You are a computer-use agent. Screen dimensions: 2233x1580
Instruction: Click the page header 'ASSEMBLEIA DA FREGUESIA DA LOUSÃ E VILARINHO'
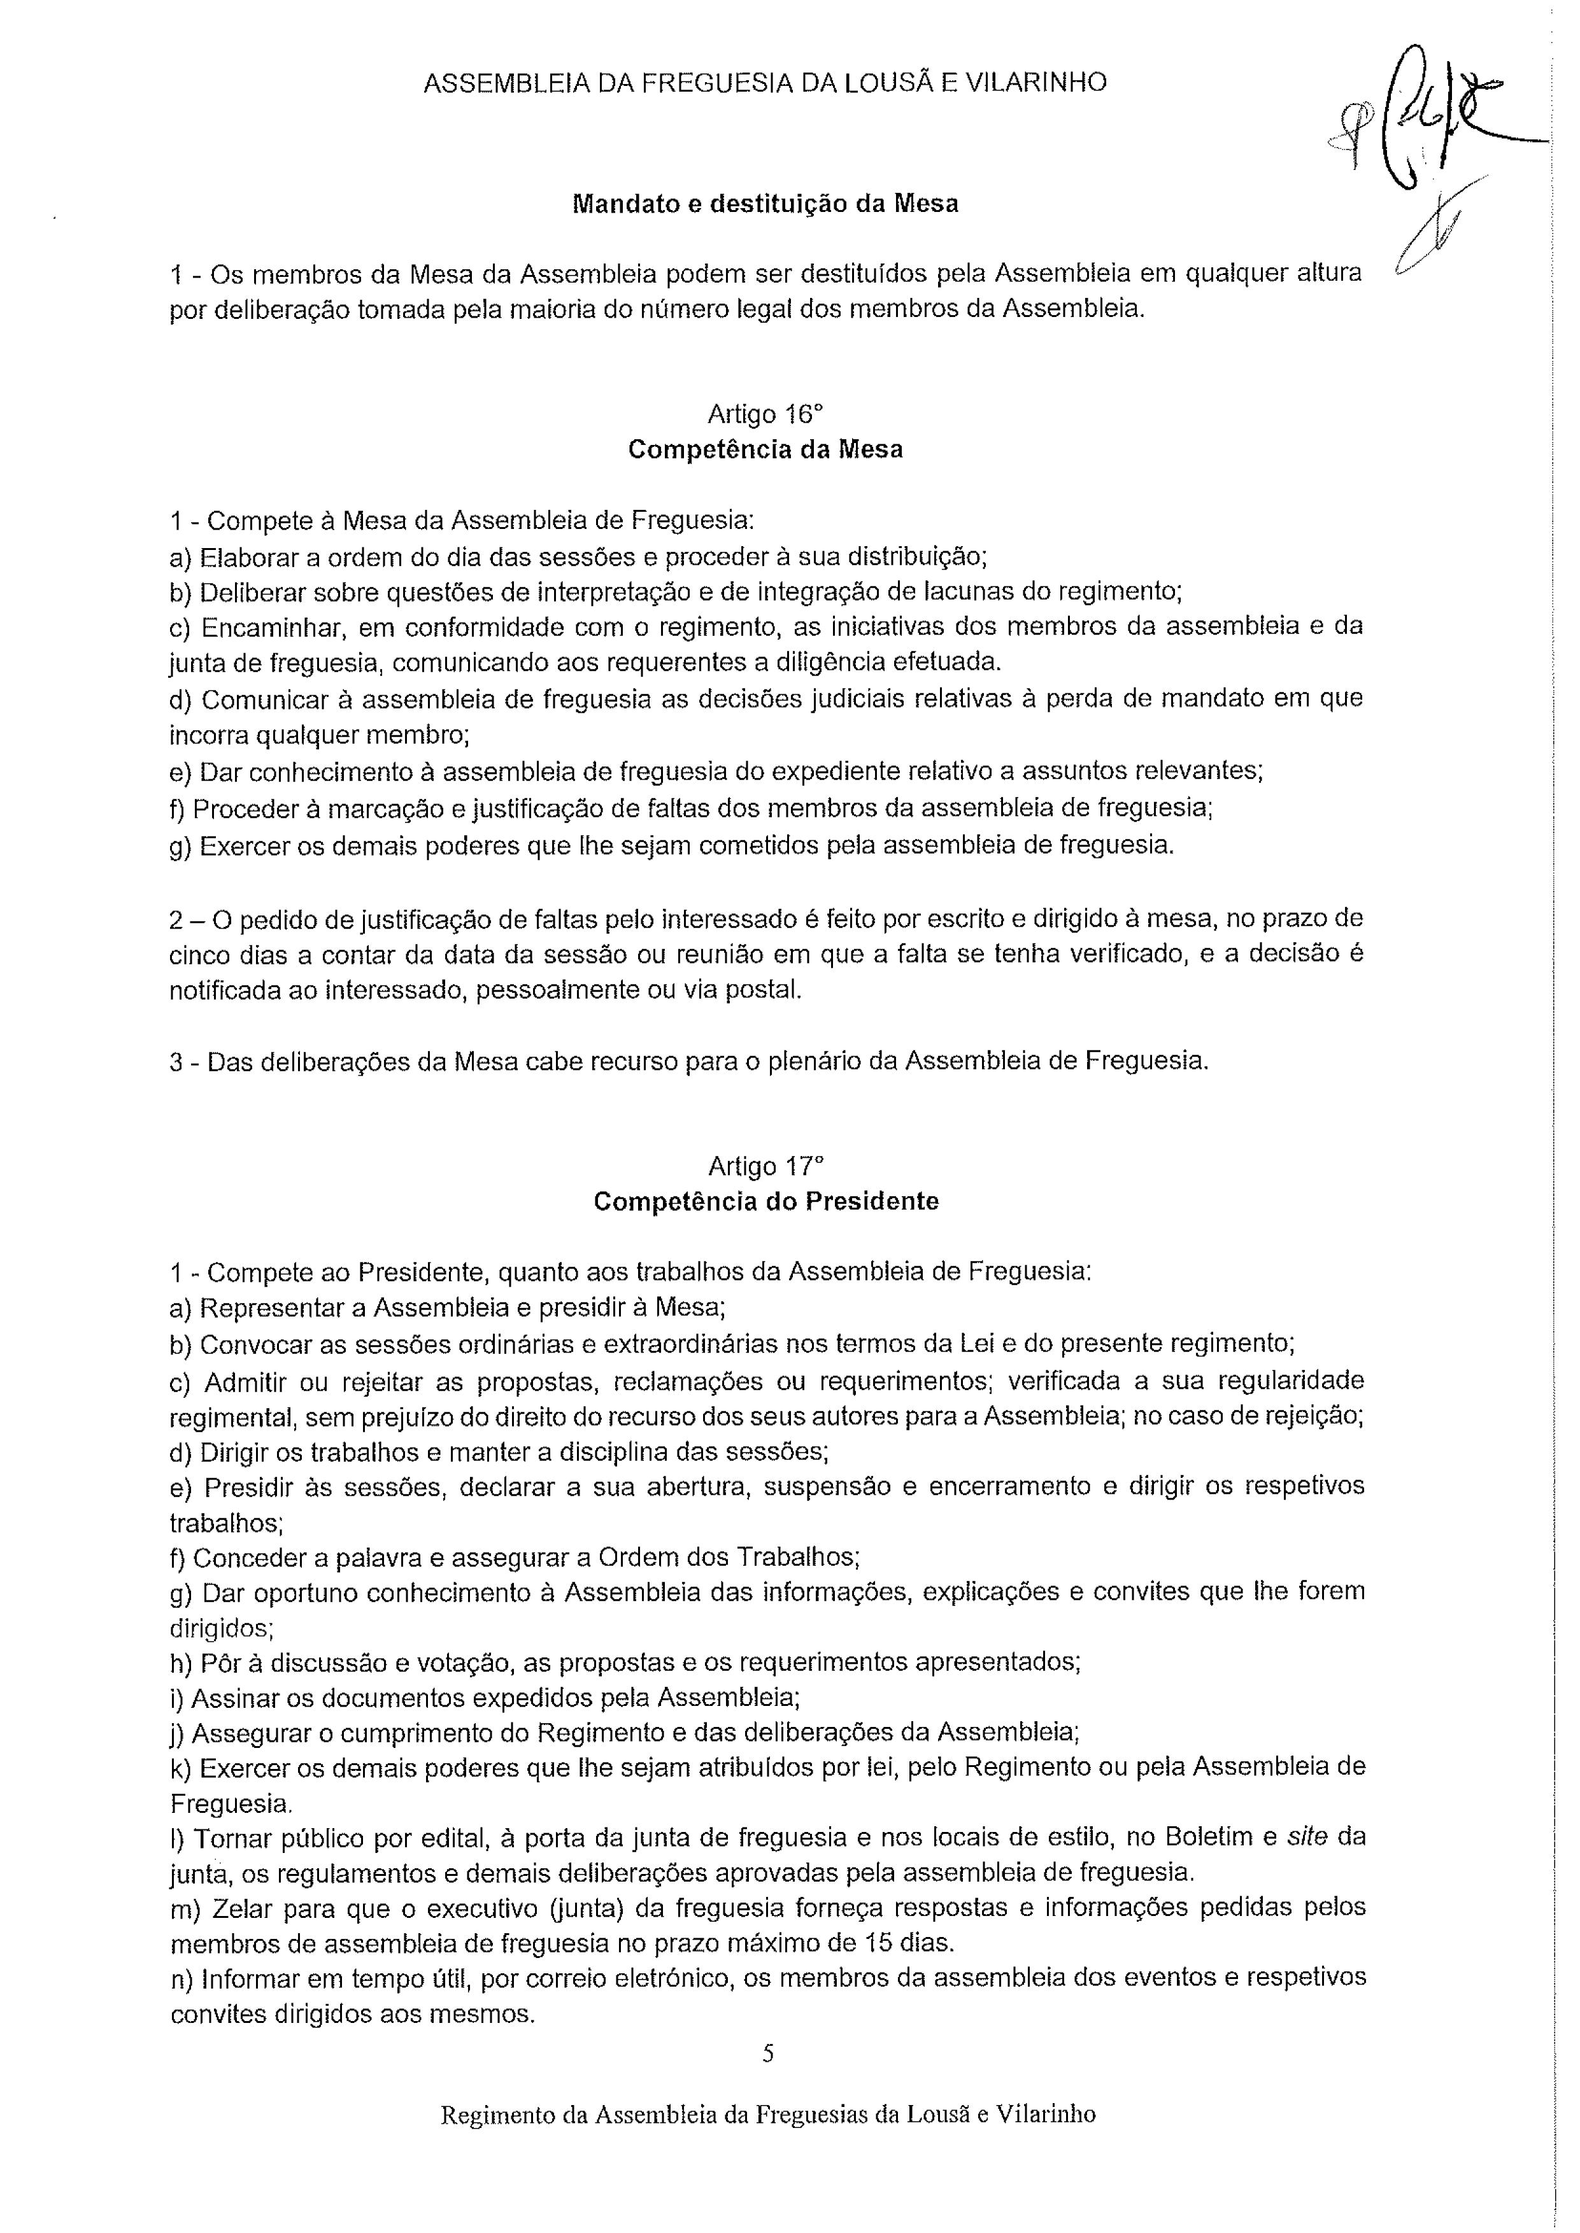[765, 83]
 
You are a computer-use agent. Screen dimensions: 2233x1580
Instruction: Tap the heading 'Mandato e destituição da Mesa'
[765, 204]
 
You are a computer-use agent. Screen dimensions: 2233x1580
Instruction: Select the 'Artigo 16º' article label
[765, 414]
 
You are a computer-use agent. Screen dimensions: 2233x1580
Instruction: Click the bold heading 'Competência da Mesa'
[765, 449]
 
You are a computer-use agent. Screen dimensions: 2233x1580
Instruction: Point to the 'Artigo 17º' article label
[765, 1166]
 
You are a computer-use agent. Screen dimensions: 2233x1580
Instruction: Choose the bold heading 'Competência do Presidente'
[765, 1201]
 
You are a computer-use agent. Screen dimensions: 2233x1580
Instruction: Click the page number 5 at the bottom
[767, 2054]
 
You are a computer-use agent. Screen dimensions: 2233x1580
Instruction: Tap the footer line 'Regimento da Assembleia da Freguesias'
[767, 2115]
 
